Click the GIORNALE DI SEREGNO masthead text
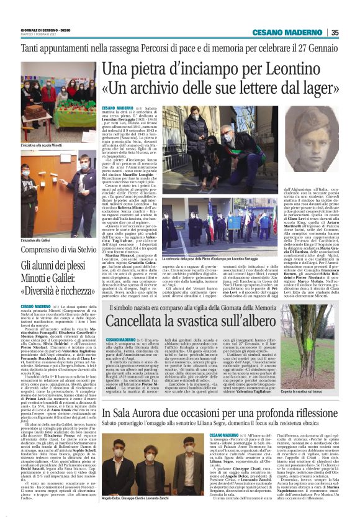(x=39, y=29)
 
